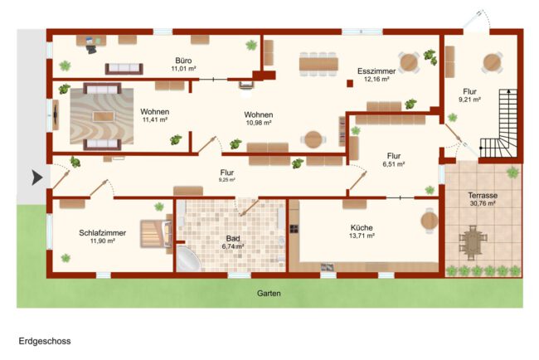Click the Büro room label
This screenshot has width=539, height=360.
(183, 61)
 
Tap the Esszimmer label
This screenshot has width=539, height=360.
(376, 71)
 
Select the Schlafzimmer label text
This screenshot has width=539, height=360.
(103, 233)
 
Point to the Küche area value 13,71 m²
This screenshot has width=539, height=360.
(362, 236)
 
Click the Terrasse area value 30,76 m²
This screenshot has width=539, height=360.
(483, 203)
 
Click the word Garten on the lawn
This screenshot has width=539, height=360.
(269, 294)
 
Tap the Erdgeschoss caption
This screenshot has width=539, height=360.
(45, 341)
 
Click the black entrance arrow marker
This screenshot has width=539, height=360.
(37, 178)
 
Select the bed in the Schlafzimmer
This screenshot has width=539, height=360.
(157, 234)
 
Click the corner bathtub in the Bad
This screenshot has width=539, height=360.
(188, 259)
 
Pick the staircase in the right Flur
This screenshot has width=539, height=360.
(499, 123)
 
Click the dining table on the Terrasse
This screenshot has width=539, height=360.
(473, 242)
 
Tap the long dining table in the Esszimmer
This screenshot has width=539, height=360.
(318, 65)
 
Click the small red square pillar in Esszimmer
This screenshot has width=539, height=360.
(350, 84)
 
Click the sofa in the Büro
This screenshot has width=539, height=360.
(124, 69)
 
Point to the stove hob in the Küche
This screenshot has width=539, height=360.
(294, 229)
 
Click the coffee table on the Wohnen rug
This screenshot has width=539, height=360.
(103, 117)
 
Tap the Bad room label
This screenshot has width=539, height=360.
(233, 239)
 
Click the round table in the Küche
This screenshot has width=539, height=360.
(430, 221)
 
